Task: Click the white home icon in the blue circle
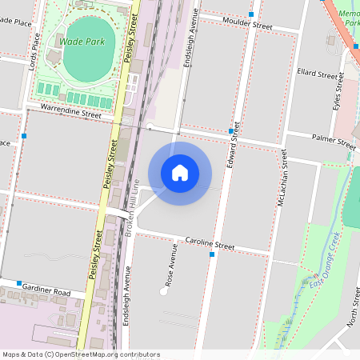[180, 172]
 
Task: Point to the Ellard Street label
[317, 74]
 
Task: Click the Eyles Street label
[337, 93]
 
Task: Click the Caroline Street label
[210, 244]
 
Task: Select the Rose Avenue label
[170, 273]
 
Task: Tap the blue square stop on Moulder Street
[251, 15]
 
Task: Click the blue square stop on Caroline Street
[212, 254]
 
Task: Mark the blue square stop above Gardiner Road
[18, 283]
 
